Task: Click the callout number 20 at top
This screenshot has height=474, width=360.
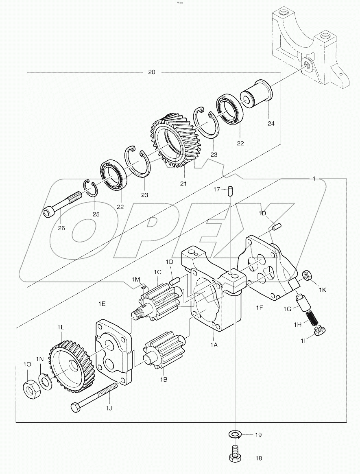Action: (x=151, y=72)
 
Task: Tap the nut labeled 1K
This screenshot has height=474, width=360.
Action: (x=308, y=275)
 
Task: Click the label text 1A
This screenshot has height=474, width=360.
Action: (x=214, y=344)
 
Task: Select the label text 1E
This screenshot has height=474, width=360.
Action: (x=102, y=304)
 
